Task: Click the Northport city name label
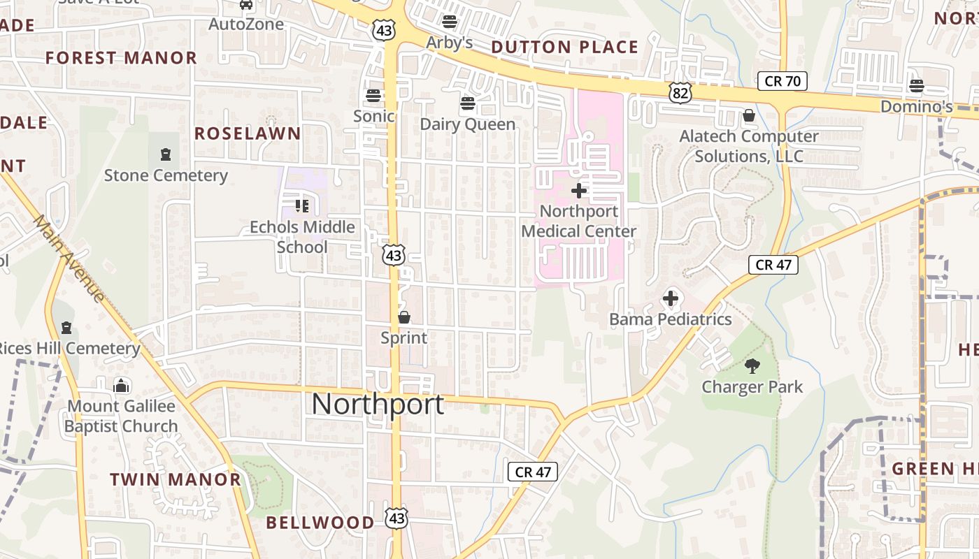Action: tap(378, 405)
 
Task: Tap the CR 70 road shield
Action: tap(782, 81)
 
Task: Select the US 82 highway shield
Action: tap(679, 92)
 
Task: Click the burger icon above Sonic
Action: tap(373, 95)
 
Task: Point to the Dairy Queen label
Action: tap(467, 124)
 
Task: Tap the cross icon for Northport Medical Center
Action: tap(579, 190)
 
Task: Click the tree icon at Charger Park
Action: tap(752, 365)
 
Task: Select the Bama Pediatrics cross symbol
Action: tap(670, 299)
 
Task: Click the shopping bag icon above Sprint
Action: tap(403, 317)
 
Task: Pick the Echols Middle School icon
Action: tap(302, 205)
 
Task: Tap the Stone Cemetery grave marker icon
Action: tap(166, 154)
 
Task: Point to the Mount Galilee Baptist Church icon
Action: tap(122, 385)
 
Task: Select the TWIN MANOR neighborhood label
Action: tap(176, 479)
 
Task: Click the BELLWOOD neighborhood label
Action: tap(320, 522)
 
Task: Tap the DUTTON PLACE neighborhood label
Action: tap(565, 48)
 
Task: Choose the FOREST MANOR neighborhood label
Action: tap(122, 58)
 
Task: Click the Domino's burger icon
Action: tap(916, 86)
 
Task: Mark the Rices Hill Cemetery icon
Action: tap(66, 327)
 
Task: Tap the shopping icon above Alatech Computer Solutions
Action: tap(749, 115)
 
